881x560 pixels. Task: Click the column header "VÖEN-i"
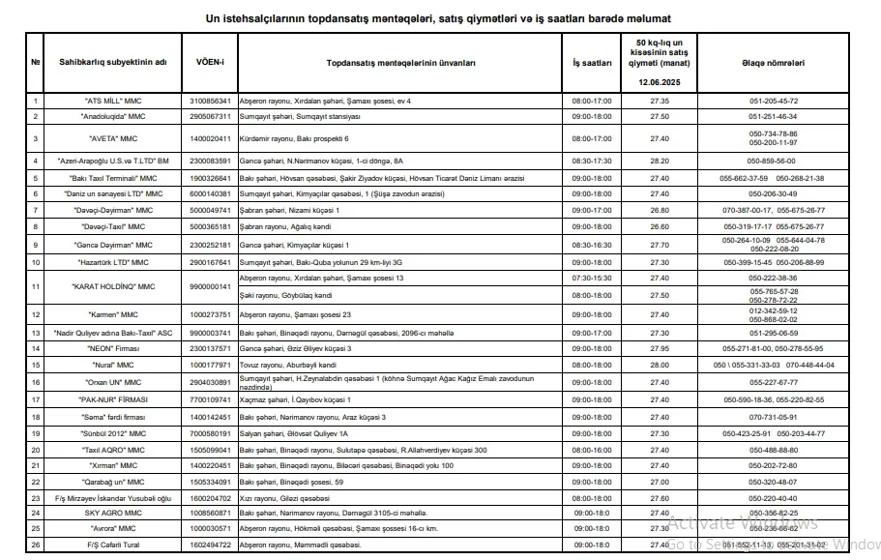tap(211, 62)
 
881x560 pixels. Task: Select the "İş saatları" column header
tap(592, 62)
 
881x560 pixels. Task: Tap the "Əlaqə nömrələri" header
tap(773, 62)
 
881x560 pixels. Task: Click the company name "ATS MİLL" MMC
tap(114, 101)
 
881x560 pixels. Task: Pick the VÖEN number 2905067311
tap(211, 116)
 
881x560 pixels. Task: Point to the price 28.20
tap(660, 161)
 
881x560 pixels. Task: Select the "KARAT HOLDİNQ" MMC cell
tap(114, 287)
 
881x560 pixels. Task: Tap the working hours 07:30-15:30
tap(592, 279)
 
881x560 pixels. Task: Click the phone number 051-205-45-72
tap(773, 101)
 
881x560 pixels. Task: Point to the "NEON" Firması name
tap(114, 348)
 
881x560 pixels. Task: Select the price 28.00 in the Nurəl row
tap(660, 365)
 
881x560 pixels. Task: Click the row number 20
tap(36, 450)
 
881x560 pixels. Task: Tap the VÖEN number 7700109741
tap(211, 399)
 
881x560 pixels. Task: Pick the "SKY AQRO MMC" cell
tap(114, 513)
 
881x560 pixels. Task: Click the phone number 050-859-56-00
tap(773, 161)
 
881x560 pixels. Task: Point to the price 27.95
tap(660, 348)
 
